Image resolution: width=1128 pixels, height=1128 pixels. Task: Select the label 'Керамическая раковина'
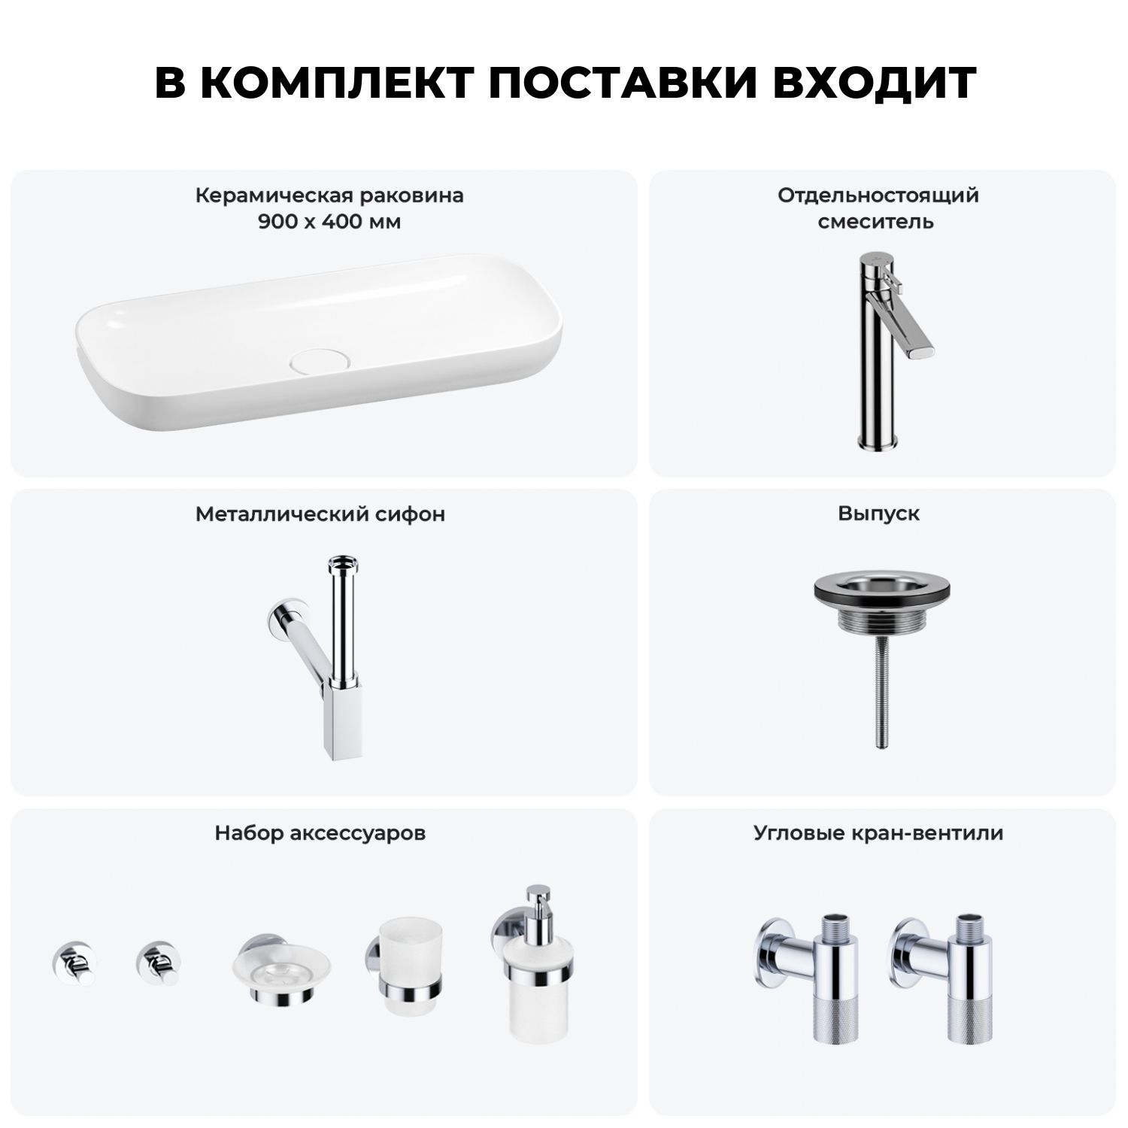(x=329, y=196)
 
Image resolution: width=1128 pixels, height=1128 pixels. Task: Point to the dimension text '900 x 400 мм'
(x=329, y=222)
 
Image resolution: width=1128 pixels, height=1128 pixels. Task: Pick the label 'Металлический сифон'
(x=320, y=514)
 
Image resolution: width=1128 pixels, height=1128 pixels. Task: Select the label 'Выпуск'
(x=879, y=514)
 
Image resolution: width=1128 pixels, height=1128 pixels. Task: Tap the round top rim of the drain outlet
(x=879, y=590)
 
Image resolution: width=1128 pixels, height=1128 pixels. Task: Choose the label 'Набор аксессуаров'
(x=320, y=833)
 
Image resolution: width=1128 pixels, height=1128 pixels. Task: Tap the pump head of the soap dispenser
(x=538, y=907)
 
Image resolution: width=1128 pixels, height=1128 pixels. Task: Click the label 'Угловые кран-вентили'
(x=879, y=833)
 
